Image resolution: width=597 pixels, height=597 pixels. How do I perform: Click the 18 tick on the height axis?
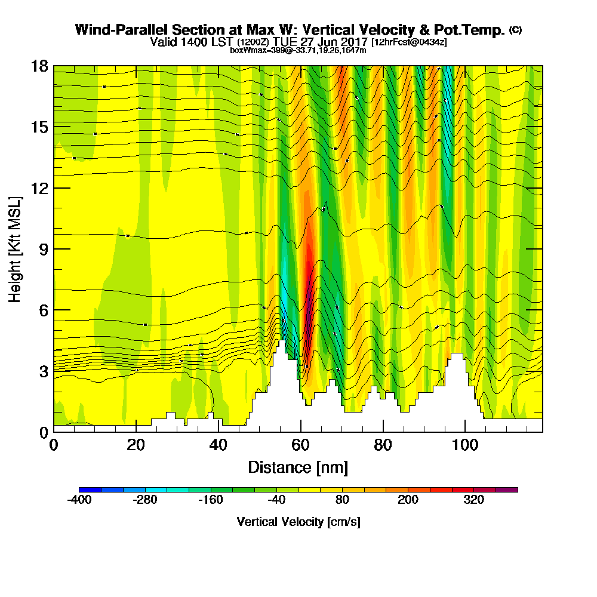[x=54, y=66]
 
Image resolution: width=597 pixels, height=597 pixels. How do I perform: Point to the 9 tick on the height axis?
[x=54, y=249]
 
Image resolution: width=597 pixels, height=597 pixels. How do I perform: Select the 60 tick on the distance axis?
[x=300, y=432]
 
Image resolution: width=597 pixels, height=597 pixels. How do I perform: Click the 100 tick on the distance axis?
[x=465, y=432]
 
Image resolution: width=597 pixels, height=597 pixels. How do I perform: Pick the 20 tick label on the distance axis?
[x=136, y=445]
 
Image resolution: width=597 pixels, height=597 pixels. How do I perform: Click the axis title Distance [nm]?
[x=298, y=467]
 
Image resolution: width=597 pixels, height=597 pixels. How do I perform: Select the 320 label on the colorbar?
[x=473, y=500]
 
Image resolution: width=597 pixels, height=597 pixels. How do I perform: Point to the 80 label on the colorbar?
[x=342, y=500]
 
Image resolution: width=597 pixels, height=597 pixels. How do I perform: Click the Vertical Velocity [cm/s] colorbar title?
[x=298, y=522]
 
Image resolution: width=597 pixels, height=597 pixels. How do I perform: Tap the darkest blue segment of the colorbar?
[x=90, y=490]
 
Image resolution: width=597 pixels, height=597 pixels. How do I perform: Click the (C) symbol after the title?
[x=515, y=29]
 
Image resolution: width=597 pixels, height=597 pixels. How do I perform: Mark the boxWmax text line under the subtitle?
[x=298, y=50]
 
